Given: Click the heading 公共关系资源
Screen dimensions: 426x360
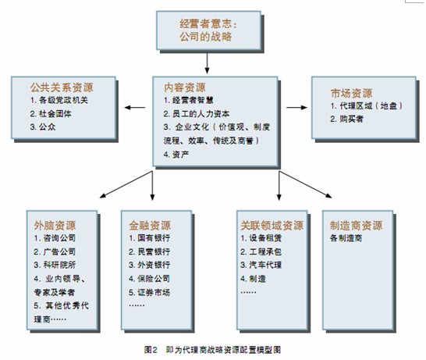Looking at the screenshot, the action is tap(62, 87).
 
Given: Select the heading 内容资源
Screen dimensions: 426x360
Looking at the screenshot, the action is tap(184, 87).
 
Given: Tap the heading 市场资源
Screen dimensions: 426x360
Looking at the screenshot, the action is tap(351, 93).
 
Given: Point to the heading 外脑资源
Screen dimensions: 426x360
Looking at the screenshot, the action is tap(55, 226).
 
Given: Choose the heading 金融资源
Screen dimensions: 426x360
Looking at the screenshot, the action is tap(150, 226).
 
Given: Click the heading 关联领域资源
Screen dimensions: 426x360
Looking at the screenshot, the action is tap(272, 226).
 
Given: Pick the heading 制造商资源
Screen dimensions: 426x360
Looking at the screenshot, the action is tap(357, 226).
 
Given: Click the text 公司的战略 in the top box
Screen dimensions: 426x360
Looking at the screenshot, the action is tap(206, 37).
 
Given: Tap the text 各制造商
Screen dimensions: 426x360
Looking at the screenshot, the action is tap(346, 238).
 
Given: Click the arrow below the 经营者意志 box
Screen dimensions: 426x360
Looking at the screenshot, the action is tap(207, 63).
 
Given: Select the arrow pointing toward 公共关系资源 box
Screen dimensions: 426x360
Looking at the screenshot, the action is tap(135, 108).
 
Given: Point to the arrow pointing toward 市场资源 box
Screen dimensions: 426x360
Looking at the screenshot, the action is tap(296, 108).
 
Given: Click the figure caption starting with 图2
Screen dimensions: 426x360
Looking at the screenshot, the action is tap(213, 350).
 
